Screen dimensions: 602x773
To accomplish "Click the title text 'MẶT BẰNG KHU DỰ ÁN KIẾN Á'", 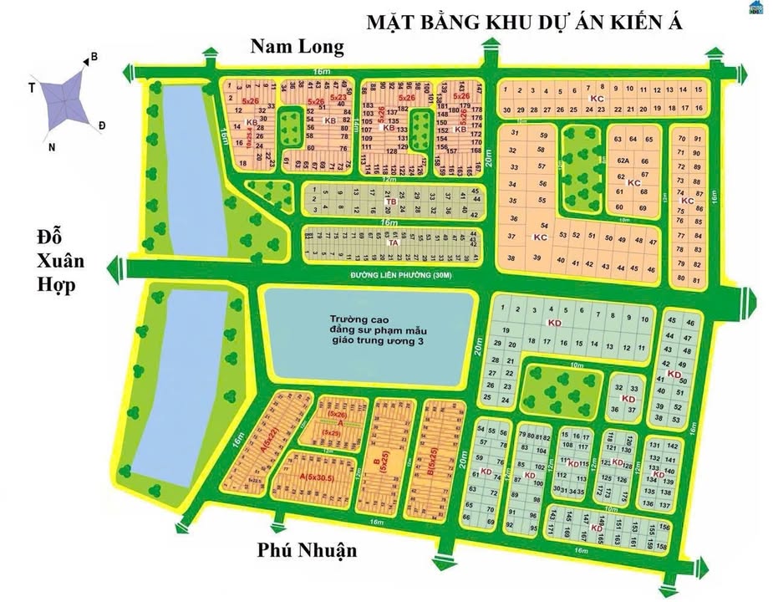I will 525,23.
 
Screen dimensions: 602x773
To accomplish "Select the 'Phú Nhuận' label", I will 308,549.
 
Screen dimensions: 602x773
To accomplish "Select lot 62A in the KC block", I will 622,161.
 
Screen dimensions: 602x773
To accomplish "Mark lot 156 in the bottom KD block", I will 664,528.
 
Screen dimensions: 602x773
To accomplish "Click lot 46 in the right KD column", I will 689,322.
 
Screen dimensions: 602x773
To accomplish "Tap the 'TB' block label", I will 389,202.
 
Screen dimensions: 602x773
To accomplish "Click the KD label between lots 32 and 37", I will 629,400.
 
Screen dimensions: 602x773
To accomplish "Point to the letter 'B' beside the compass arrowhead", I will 94,57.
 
